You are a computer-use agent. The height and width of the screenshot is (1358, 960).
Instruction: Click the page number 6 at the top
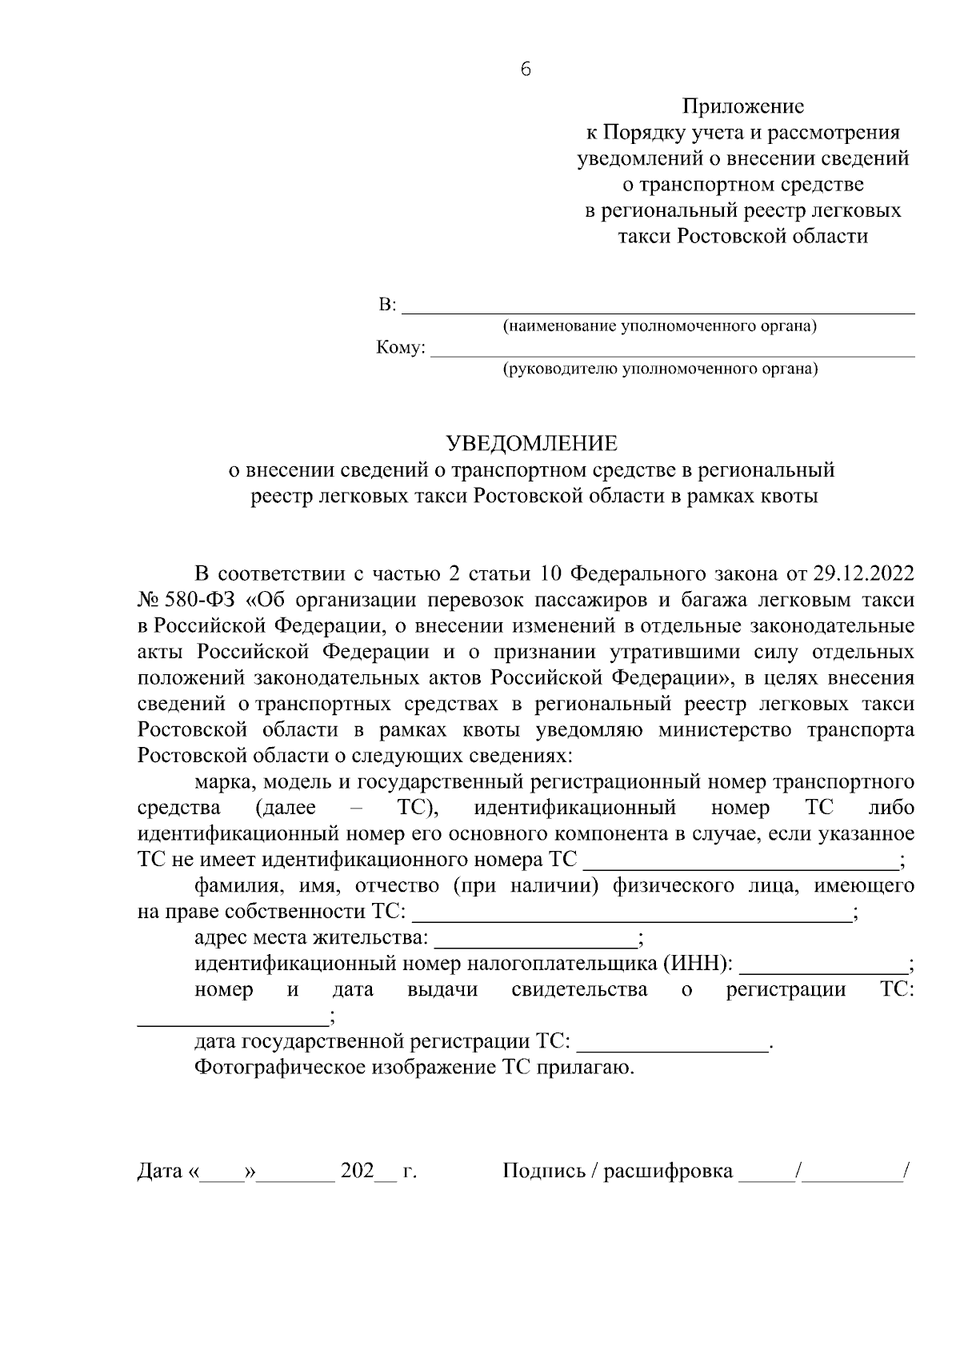(525, 70)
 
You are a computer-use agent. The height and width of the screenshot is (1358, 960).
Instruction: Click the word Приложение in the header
(743, 106)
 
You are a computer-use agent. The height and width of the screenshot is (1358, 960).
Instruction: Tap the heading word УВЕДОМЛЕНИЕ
(531, 443)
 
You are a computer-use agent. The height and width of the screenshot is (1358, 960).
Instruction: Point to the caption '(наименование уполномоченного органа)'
(659, 326)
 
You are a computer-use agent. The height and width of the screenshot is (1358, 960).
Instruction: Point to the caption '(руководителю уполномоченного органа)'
(660, 369)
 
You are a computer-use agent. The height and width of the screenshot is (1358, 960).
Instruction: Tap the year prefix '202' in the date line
(357, 1172)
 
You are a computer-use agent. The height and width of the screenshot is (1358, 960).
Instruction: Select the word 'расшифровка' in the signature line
(668, 1172)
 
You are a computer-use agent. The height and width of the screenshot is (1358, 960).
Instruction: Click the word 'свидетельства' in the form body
(579, 990)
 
